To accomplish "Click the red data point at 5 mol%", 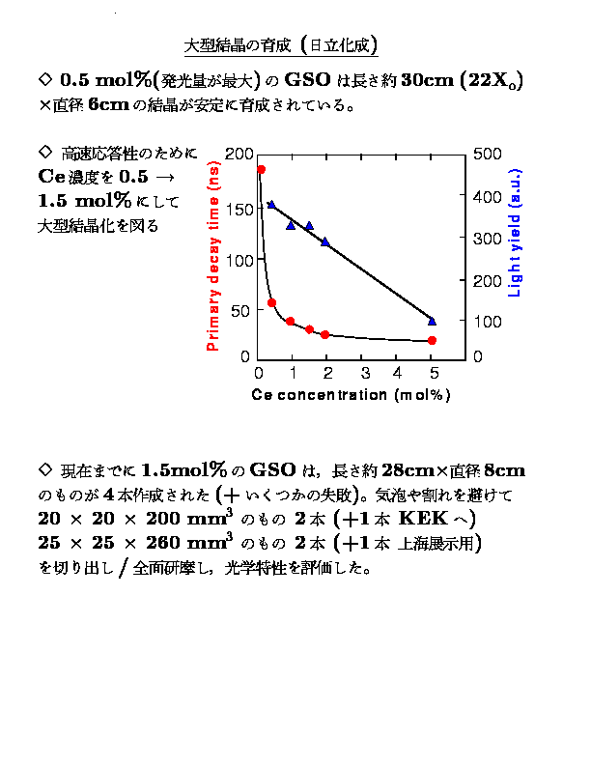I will pyautogui.click(x=432, y=340).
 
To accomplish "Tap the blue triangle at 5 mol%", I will pyautogui.click(x=432, y=320).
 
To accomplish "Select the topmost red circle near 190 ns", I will pyautogui.click(x=261, y=170).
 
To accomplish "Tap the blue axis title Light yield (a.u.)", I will pyautogui.click(x=514, y=241).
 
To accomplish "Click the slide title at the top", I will pyautogui.click(x=281, y=45).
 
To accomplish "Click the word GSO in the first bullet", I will pyautogui.click(x=308, y=79).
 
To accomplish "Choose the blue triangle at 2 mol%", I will pyautogui.click(x=325, y=241).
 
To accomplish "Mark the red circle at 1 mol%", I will pyautogui.click(x=291, y=321).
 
